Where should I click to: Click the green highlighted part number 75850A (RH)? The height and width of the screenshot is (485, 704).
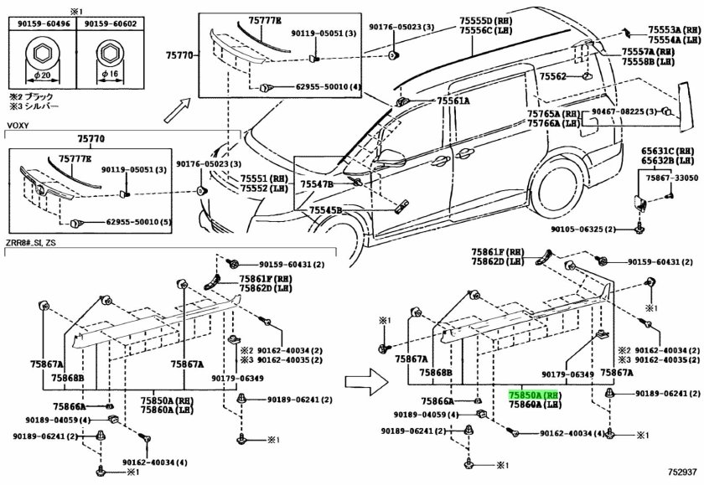pyautogui.click(x=535, y=393)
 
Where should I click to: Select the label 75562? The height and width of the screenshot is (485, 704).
pyautogui.click(x=553, y=76)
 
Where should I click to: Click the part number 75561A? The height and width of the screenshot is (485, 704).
pyautogui.click(x=453, y=101)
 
